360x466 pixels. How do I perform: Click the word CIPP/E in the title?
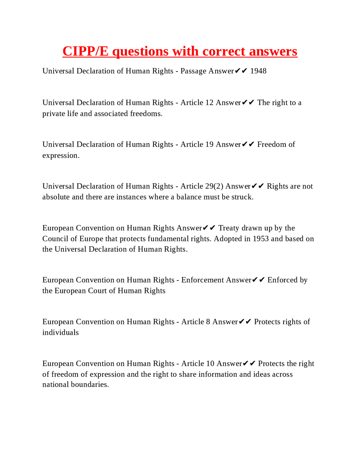coord(85,51)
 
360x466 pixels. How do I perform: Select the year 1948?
coord(258,71)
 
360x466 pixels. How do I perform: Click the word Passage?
coord(193,71)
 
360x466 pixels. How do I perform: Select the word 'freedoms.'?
coord(146,114)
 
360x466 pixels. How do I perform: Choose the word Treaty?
coord(229,228)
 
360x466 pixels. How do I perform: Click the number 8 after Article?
coord(208,322)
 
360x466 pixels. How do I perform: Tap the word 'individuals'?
coord(60,333)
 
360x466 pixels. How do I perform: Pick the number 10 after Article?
coord(210,364)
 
